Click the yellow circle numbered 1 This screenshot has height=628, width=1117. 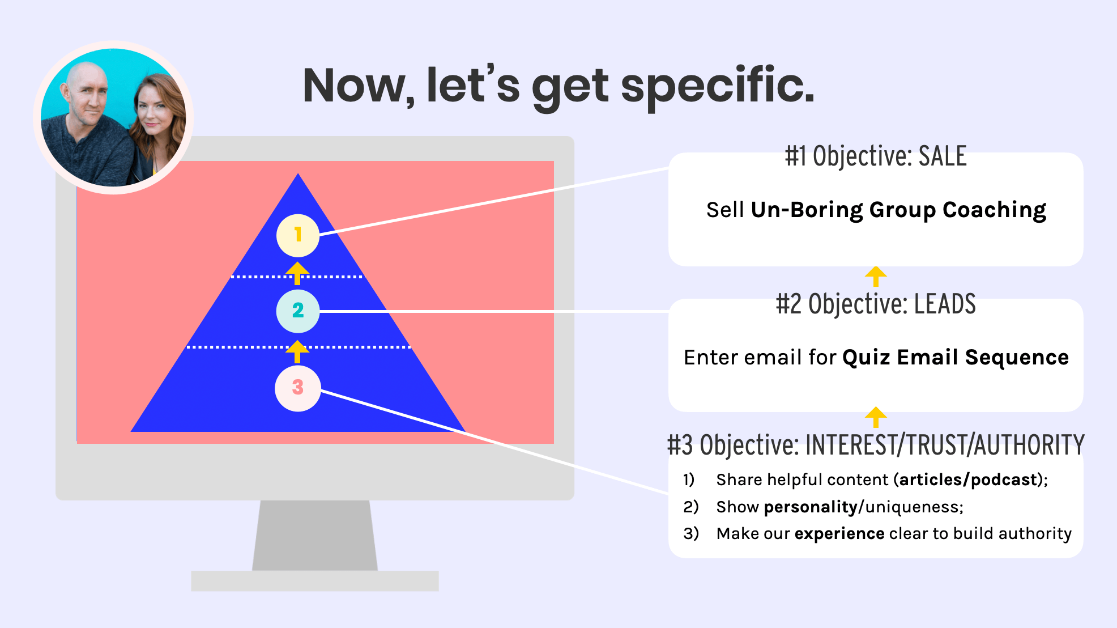click(298, 235)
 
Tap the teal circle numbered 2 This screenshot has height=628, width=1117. click(298, 311)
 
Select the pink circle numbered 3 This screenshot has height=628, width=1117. click(298, 388)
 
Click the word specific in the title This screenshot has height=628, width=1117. click(717, 86)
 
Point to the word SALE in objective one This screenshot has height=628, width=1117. click(942, 156)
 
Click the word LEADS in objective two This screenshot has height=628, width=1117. click(945, 304)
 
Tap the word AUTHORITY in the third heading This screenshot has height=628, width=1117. click(1029, 445)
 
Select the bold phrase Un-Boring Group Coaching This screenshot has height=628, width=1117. click(898, 210)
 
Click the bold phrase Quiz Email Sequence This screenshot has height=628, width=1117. click(955, 358)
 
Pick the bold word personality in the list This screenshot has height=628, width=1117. click(810, 507)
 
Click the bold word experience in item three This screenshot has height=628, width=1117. click(839, 533)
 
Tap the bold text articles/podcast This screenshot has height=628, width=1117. click(967, 480)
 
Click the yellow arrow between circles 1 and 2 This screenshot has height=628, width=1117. click(297, 273)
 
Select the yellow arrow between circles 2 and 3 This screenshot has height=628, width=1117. click(297, 351)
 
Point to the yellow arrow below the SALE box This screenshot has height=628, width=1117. click(876, 276)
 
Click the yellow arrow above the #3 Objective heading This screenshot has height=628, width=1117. click(876, 417)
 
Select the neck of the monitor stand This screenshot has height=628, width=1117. click(315, 536)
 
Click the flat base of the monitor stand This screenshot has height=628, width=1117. click(315, 581)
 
